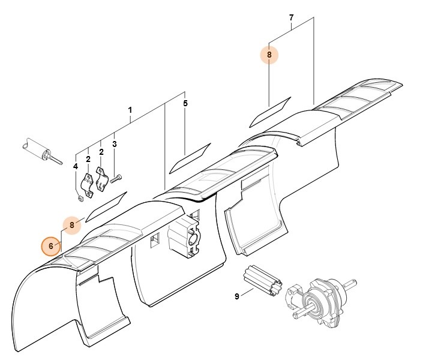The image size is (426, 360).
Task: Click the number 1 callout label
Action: (x=130, y=110)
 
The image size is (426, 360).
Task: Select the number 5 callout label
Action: (x=185, y=104)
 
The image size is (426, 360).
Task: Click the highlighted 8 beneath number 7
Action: (x=269, y=55)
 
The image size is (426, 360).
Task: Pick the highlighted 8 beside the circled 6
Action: (x=72, y=225)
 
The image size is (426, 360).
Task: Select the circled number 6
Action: (x=52, y=245)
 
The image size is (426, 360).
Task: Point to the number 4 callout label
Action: (x=76, y=166)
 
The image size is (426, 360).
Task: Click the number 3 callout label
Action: (x=114, y=144)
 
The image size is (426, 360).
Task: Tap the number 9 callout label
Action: (x=237, y=296)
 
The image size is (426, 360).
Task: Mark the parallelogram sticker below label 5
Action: (x=190, y=157)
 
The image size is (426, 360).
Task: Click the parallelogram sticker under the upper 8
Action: (x=269, y=112)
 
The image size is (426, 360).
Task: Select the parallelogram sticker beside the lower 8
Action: (x=107, y=206)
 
